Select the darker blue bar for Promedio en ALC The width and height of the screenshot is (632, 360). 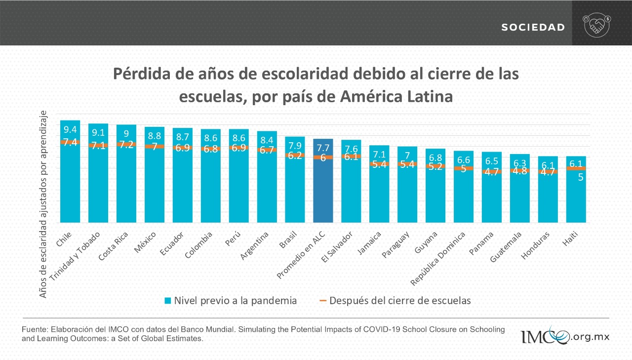(x=323, y=193)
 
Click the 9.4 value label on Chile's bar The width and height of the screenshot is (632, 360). (x=70, y=130)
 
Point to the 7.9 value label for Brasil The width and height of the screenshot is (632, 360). (x=295, y=146)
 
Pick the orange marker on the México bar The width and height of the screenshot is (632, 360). (x=154, y=146)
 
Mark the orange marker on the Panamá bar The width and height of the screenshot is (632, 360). (x=491, y=172)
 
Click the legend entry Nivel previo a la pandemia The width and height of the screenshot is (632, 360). (x=231, y=300)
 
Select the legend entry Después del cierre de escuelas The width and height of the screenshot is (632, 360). (x=395, y=300)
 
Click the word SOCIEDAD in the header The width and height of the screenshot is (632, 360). (x=533, y=28)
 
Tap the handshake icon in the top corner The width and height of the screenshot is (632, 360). (x=597, y=26)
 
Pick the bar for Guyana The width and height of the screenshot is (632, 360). (x=435, y=190)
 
